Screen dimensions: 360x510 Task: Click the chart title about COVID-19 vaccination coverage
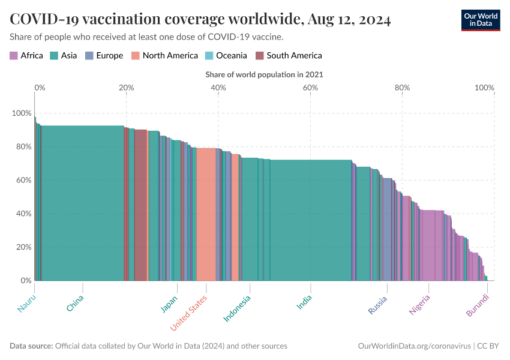click(x=200, y=20)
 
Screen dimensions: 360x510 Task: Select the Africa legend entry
click(x=26, y=56)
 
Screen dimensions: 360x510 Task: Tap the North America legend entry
click(x=165, y=56)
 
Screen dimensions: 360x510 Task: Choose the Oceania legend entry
click(x=226, y=56)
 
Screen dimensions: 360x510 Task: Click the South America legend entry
click(x=289, y=56)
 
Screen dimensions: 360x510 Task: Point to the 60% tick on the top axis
click(x=310, y=88)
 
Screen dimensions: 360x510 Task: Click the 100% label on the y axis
click(x=21, y=113)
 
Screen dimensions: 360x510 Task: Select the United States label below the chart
click(x=189, y=313)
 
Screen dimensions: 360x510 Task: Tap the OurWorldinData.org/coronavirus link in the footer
click(x=414, y=346)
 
